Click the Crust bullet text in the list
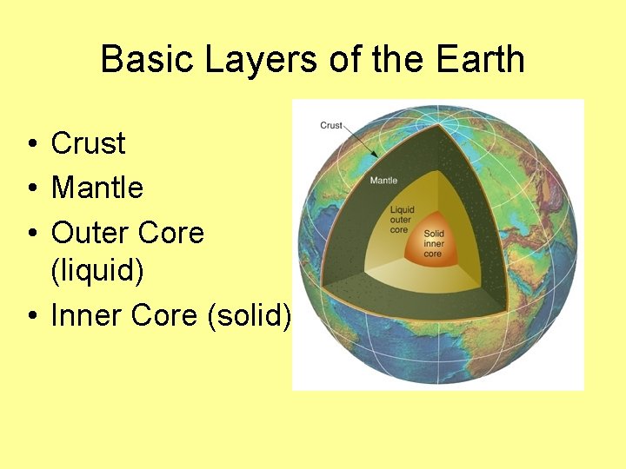[x=88, y=143]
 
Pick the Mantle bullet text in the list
[x=97, y=187]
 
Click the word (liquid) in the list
[x=97, y=271]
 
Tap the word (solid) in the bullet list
[x=250, y=315]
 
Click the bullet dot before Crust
[x=30, y=144]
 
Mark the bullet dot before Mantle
[x=30, y=188]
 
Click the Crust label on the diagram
[x=331, y=126]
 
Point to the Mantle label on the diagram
[x=383, y=181]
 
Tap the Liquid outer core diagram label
[x=402, y=220]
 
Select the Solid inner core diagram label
[x=434, y=243]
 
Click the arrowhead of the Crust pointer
[x=375, y=155]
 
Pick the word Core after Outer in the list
[x=172, y=233]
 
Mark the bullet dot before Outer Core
[x=30, y=234]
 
